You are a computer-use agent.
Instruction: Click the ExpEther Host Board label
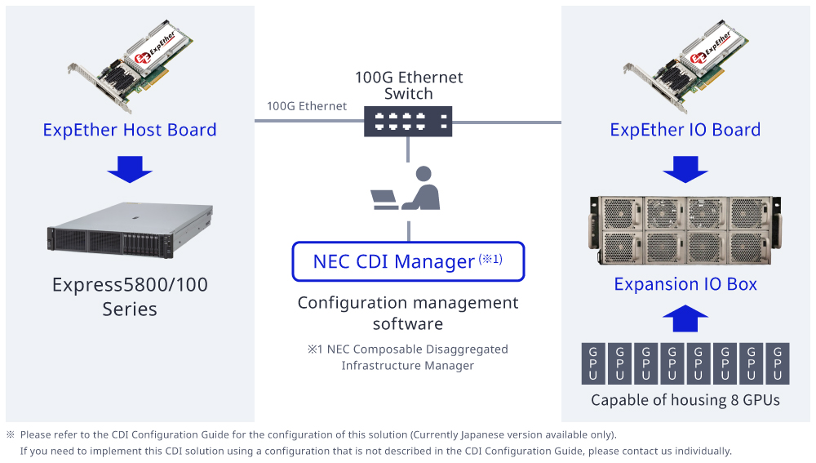(130, 130)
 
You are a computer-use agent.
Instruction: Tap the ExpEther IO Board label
(685, 130)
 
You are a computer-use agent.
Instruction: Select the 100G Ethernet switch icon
(408, 122)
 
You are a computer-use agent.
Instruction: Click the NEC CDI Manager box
(408, 261)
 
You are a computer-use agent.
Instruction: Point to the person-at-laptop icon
(406, 189)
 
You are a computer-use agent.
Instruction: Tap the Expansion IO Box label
(685, 284)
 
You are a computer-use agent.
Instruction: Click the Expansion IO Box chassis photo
(685, 233)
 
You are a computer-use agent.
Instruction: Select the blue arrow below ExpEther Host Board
(130, 169)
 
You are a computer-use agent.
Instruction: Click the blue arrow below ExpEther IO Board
(685, 169)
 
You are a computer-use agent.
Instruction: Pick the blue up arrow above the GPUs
(685, 318)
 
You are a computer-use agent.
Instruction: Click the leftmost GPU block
(593, 363)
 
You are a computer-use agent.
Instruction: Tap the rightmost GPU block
(778, 363)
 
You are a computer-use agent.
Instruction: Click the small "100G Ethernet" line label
(307, 106)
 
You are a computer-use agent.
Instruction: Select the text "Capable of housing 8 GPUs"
(685, 400)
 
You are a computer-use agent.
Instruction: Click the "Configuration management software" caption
(408, 313)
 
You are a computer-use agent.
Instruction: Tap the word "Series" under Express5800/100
(130, 309)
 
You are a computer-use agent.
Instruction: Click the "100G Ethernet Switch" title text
(408, 85)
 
